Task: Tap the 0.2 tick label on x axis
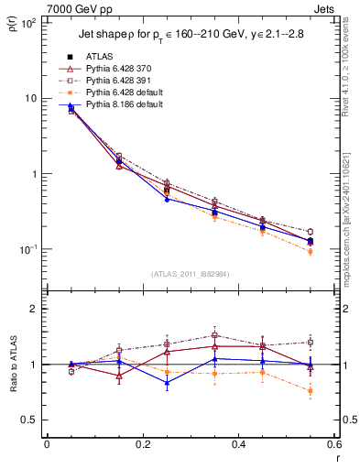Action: click(x=142, y=444)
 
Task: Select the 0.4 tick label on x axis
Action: click(x=238, y=444)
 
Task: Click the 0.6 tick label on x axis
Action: click(x=333, y=444)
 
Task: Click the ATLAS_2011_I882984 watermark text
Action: click(x=190, y=274)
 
